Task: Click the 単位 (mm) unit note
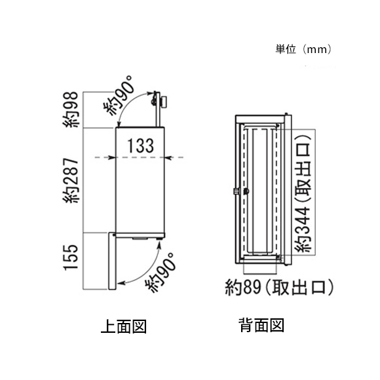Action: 303,49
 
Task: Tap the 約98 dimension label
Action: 71,109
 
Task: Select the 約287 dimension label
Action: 71,181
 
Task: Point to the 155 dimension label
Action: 71,257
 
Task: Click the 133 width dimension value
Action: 141,145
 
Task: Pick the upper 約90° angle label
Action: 119,96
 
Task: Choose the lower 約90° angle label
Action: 160,273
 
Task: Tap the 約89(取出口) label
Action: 279,287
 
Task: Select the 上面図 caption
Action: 124,326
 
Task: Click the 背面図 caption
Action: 261,325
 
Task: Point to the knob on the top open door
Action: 165,102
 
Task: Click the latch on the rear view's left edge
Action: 235,191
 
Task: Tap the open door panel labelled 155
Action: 112,261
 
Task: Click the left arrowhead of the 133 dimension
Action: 112,158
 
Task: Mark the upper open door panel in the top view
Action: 157,109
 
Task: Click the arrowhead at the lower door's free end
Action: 121,282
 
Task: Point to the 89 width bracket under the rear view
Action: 260,274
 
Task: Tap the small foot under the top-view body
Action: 159,239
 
